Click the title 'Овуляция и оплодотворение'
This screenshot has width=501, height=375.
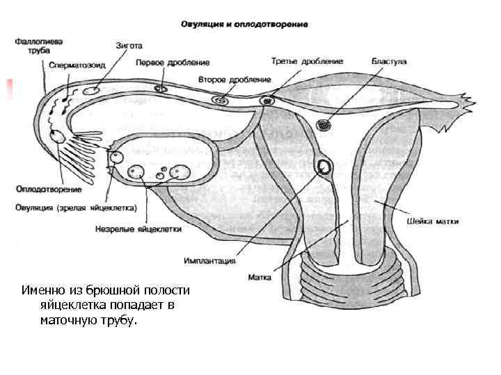coord(244,24)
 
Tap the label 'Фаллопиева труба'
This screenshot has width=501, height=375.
coord(33,46)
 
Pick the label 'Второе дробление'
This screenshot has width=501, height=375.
coord(225,79)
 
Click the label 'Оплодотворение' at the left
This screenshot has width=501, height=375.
coord(48,189)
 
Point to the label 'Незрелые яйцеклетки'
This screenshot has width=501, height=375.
coord(138,228)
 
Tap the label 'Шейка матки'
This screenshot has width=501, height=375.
coord(432,222)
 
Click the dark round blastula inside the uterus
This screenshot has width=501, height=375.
coord(324,125)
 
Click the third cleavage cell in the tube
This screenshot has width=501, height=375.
coord(267,101)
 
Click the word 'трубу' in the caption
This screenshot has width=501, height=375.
coord(121,322)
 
